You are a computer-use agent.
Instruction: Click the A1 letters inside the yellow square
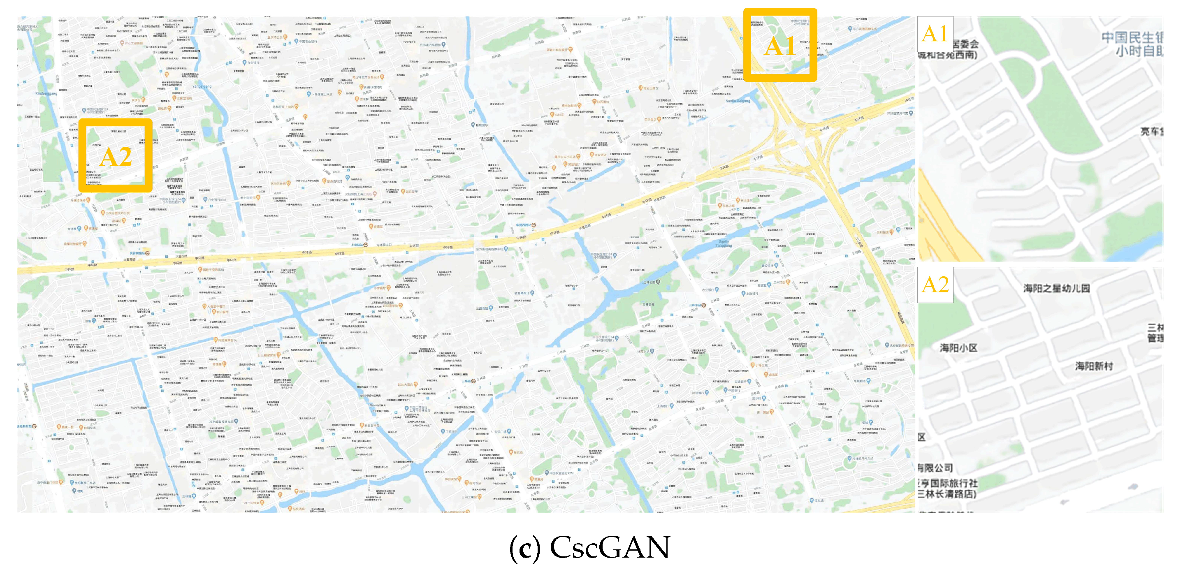pos(780,46)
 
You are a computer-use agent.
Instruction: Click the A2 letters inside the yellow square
pos(115,157)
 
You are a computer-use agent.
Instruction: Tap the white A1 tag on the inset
pos(935,33)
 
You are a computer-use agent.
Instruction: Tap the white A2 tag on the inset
pos(935,285)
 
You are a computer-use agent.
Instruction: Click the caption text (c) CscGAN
pos(590,547)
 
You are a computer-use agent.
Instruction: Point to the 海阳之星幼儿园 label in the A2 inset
pos(1056,288)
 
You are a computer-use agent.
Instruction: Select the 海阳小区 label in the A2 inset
pos(958,347)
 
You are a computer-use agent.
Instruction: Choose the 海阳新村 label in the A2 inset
pos(1094,366)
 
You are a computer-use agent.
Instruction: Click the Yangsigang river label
pos(202,86)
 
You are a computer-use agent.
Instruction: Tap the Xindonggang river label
pos(46,94)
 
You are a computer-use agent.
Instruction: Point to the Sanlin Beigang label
pos(738,101)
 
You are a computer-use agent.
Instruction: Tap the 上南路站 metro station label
pos(360,245)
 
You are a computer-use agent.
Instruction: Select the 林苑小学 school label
pos(643,352)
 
